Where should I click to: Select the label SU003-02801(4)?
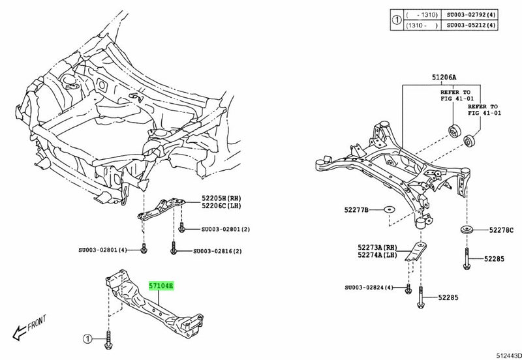[107, 250]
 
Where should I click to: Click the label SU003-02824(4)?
[369, 288]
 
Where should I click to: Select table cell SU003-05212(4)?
[474, 25]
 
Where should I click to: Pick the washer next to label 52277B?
[388, 209]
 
